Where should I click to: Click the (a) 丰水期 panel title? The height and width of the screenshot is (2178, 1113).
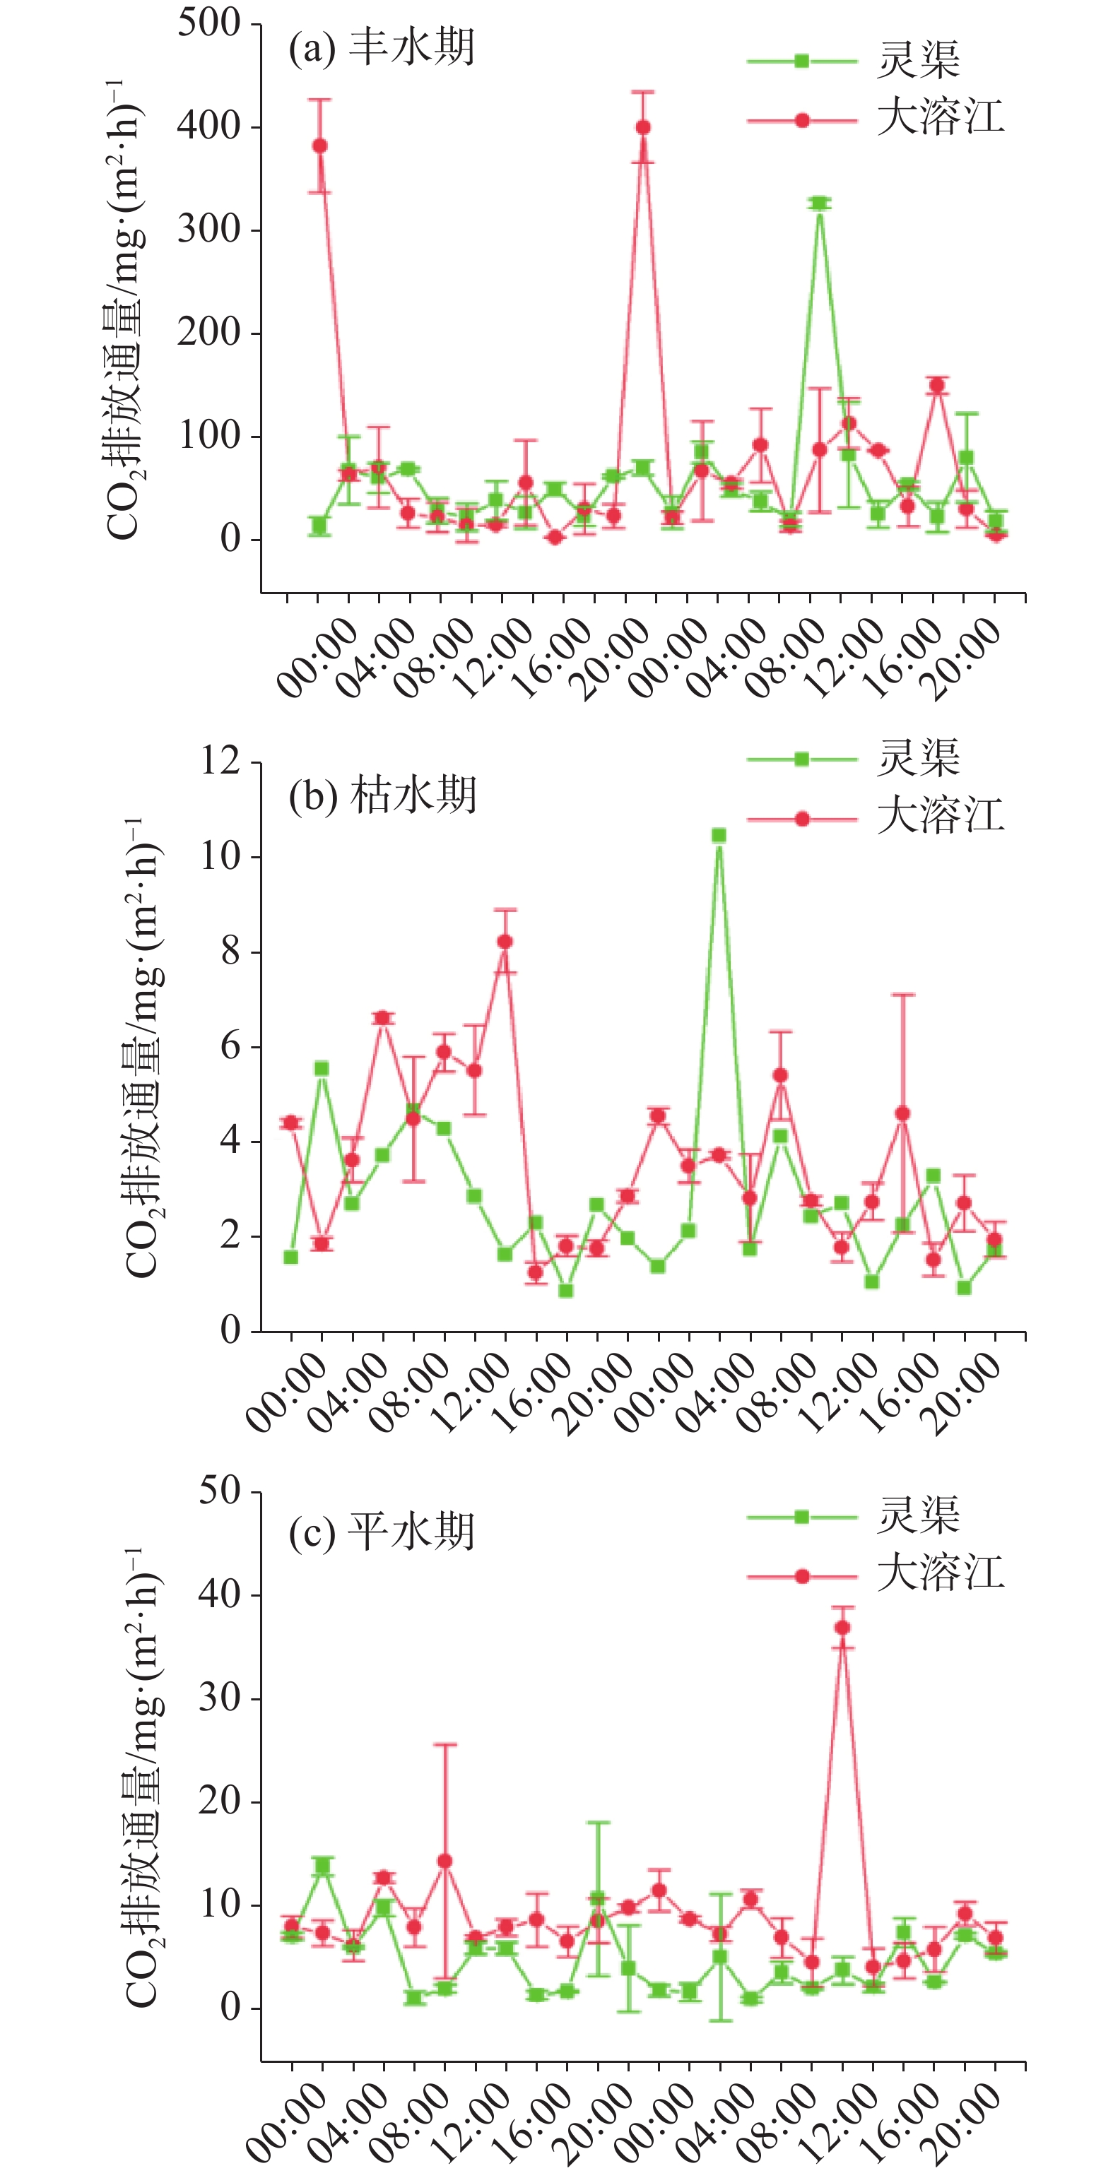[382, 48]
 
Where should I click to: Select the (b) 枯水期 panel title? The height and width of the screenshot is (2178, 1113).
[382, 795]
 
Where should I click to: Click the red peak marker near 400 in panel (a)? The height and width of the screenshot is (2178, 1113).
[643, 128]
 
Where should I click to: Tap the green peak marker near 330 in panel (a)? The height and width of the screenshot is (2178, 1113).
[819, 203]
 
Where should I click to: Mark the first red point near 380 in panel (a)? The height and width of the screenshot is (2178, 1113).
[319, 146]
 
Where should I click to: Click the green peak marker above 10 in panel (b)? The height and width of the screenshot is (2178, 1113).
[719, 835]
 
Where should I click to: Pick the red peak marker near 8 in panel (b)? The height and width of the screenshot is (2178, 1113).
[505, 942]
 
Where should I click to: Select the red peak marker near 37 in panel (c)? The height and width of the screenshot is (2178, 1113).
[842, 1628]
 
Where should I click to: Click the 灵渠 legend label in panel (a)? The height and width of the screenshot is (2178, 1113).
[919, 59]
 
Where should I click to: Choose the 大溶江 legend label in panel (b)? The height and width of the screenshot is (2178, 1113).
[941, 816]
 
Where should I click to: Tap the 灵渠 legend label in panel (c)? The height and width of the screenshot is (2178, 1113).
[919, 1515]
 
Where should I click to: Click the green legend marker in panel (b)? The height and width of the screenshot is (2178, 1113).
[802, 759]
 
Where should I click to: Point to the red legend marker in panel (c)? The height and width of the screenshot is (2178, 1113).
[802, 1576]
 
